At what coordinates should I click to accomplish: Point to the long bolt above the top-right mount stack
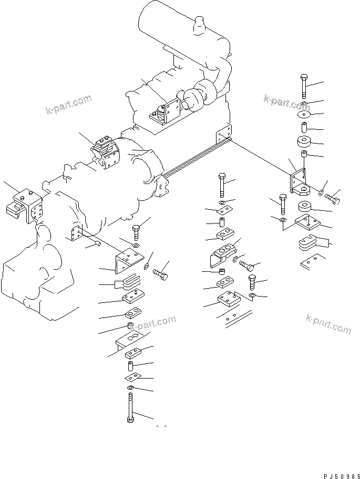304,84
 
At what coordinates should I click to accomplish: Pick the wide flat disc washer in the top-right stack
304,114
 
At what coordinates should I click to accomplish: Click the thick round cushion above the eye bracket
304,141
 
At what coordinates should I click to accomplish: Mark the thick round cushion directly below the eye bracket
304,207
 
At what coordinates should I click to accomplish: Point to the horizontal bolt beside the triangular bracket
160,274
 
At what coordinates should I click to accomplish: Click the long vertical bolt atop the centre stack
222,185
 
